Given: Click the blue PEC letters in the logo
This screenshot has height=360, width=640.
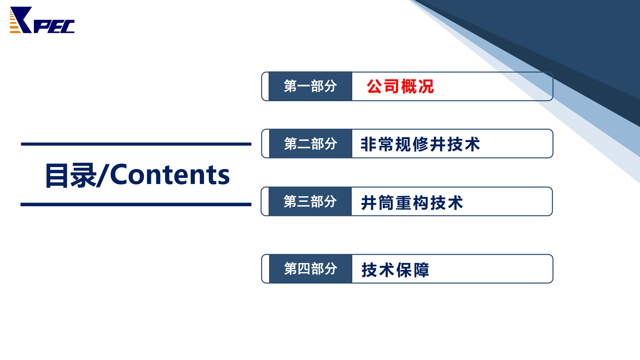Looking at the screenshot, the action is point(54,27).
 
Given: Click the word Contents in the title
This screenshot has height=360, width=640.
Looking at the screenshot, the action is point(170,175).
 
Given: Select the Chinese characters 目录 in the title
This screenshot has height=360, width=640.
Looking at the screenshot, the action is point(71,175).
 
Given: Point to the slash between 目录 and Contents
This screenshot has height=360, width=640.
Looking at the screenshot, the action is point(103,175).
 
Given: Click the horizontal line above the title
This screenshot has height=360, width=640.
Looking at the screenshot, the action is point(136,144).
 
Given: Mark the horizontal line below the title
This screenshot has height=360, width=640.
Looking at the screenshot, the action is point(136,204).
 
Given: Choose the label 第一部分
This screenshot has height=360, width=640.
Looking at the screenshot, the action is point(310,86).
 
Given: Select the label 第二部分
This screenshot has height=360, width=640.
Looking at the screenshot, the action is point(310,144).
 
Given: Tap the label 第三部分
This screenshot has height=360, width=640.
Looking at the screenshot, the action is point(310,202).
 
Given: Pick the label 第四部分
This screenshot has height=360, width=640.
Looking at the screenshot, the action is point(310,269).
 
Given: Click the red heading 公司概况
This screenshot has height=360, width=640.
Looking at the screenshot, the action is point(400,86).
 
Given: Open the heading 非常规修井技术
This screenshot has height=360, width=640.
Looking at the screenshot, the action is point(420,144).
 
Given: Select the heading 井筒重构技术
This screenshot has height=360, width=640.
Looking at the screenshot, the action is point(412,203).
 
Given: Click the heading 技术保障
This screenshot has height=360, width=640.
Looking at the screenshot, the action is point(395,270).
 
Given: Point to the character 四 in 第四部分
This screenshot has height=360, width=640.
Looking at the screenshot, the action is point(304,269).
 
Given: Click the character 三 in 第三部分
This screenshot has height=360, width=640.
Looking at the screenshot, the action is point(303,202).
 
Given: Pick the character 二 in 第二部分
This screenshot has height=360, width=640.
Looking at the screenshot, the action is point(304,144).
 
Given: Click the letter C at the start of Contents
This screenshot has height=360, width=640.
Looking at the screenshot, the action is point(119,175).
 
